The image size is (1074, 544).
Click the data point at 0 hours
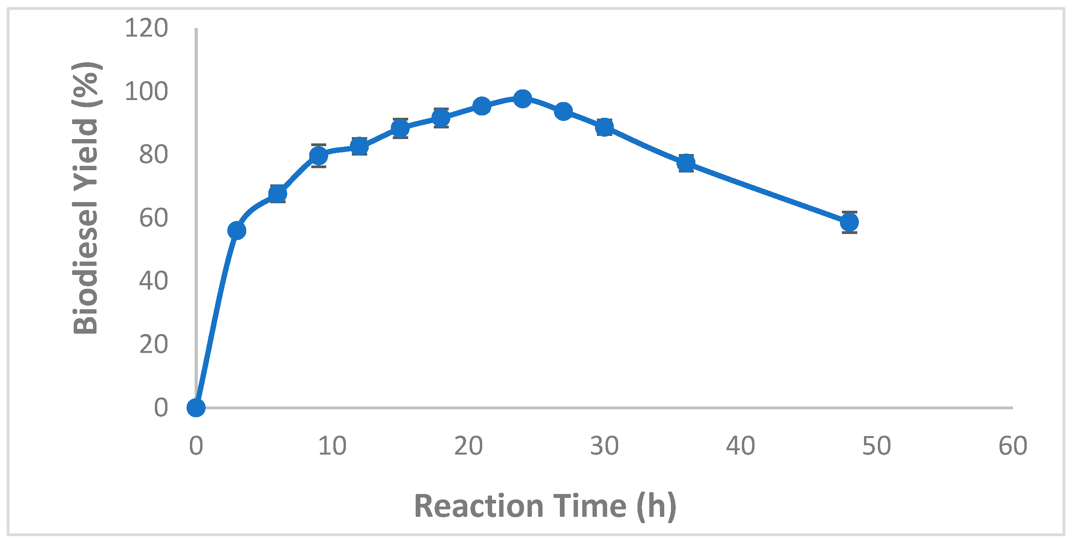[196, 407]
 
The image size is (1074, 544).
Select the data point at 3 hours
[237, 230]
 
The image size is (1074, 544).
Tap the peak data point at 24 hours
[522, 99]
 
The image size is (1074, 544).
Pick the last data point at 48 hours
[849, 222]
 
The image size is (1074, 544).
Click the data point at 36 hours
[686, 163]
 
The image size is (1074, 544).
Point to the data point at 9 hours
[318, 156]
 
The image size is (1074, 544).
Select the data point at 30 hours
[604, 127]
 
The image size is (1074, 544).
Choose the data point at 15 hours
[400, 128]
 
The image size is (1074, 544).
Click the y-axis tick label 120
[146, 28]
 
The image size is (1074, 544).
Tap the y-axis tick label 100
[146, 92]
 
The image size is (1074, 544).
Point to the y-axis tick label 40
[153, 281]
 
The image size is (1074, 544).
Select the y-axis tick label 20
[153, 344]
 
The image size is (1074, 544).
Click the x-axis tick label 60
[1013, 446]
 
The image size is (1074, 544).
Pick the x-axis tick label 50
[876, 446]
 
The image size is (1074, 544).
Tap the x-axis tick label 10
[332, 446]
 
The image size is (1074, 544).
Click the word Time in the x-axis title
[589, 506]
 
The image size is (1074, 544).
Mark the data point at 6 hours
[278, 194]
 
